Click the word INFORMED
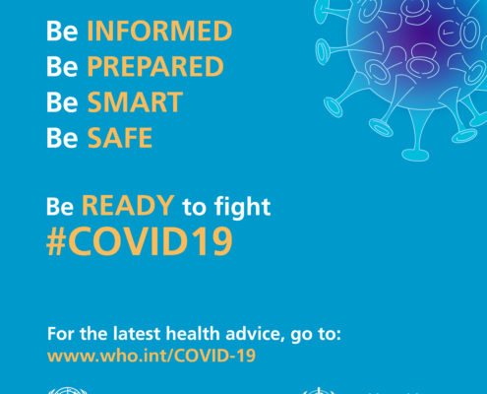[159, 32]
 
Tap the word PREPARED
[155, 66]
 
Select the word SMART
[135, 102]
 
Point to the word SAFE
[120, 138]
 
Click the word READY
[128, 206]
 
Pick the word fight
[242, 208]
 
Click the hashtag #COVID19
[140, 242]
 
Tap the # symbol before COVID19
[55, 242]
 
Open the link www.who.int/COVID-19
[152, 356]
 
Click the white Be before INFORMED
[62, 32]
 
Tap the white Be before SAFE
[62, 138]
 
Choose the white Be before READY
[60, 206]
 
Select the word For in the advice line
[61, 334]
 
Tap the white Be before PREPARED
[62, 66]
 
